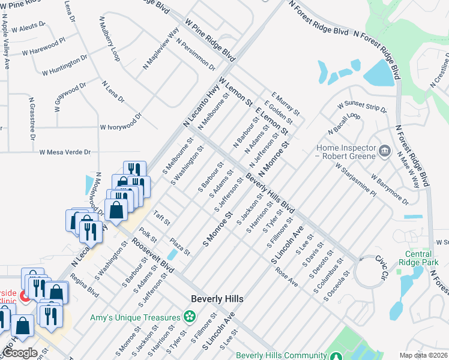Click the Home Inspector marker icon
tap(385, 149)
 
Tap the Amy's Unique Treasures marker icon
tap(190, 316)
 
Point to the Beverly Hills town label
tap(217, 298)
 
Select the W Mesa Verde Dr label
tap(65, 152)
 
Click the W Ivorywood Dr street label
tap(121, 127)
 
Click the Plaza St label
tap(179, 244)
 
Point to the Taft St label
tap(162, 215)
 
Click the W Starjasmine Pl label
tap(355, 178)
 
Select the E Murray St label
tap(285, 103)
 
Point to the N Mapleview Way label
tap(161, 50)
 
